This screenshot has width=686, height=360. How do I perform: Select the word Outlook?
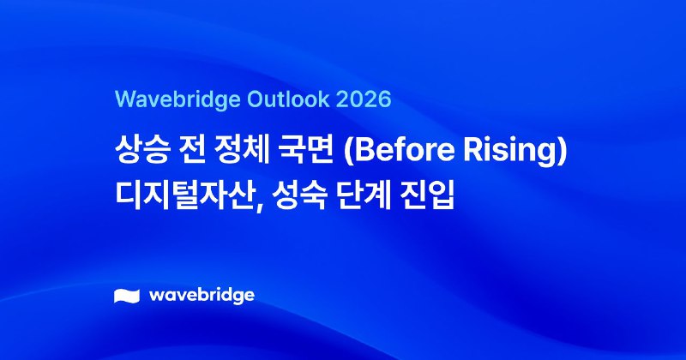(274, 99)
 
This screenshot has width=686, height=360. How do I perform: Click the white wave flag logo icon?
(127, 297)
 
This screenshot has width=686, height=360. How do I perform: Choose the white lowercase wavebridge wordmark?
(202, 296)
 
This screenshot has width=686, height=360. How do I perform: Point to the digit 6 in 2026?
(383, 99)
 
